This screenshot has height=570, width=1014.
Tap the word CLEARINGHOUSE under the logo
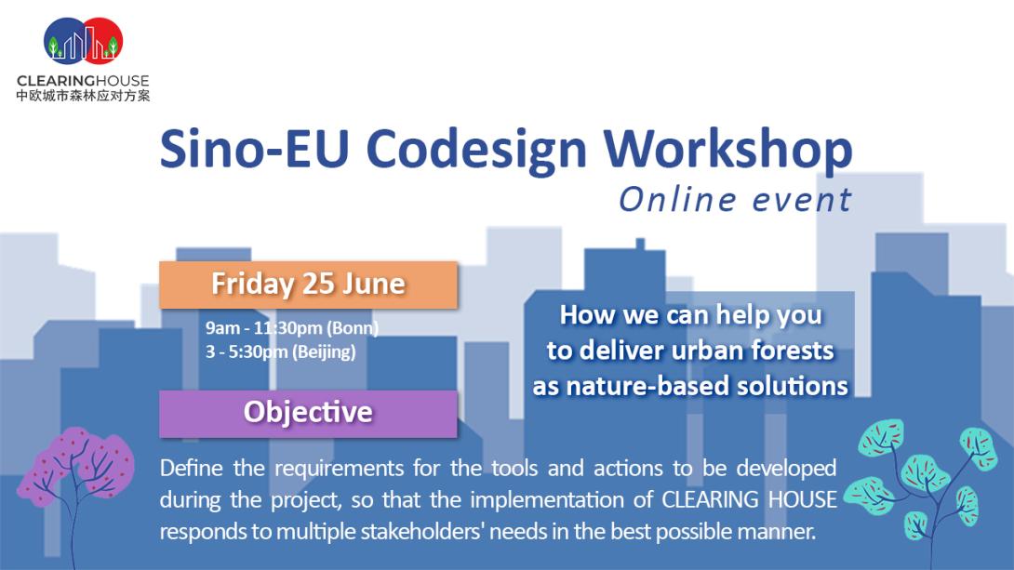click(83, 81)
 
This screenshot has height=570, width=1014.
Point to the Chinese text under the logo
click(83, 96)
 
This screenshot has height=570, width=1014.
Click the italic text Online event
click(735, 200)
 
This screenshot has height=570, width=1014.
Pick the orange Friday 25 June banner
click(309, 285)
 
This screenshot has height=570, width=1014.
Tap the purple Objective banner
click(309, 414)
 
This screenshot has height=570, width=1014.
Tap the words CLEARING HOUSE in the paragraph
click(749, 499)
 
